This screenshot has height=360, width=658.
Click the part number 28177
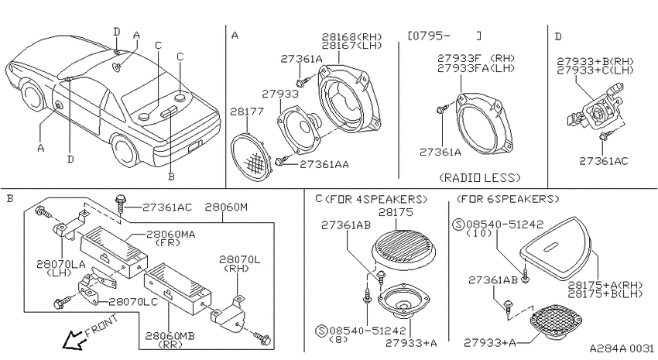pos(247,111)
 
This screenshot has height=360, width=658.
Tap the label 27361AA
pos(324,164)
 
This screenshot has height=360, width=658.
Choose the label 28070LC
pos(133,302)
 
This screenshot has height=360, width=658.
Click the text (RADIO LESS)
pos(480,177)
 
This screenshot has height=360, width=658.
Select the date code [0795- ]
pos(444,36)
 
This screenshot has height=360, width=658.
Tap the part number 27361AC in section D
pos(604,161)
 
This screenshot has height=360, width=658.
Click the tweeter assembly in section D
pos(595,108)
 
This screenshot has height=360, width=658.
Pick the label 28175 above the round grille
pos(396,212)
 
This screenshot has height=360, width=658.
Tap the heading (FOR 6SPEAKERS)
pos(508,198)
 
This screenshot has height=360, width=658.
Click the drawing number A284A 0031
pos(622,348)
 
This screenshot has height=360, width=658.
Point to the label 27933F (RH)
pos(476,58)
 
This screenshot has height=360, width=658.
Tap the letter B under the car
pos(171,177)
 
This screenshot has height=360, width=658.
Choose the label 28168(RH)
pos(351,36)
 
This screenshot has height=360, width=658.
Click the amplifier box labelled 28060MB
pos(177,289)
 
